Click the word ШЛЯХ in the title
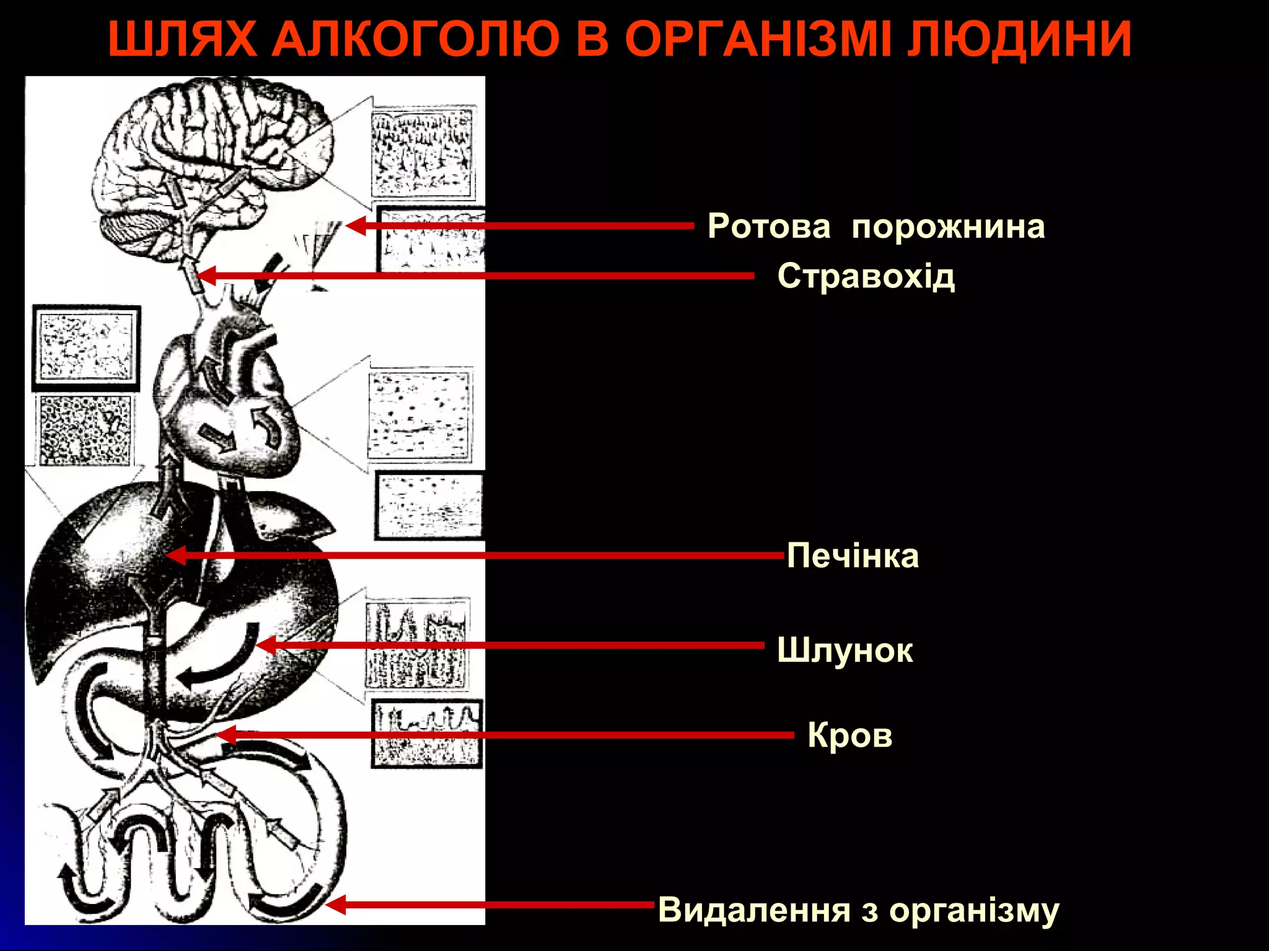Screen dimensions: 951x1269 [x=183, y=39]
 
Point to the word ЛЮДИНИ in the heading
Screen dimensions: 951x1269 [x=1019, y=39]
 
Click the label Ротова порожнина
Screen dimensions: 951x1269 [x=876, y=227]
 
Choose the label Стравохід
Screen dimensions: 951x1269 [x=866, y=276]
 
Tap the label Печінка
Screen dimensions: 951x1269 [x=853, y=555]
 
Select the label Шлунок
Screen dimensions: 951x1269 [x=845, y=651]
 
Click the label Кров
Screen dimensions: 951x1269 [x=850, y=736]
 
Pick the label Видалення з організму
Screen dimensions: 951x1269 [x=859, y=910]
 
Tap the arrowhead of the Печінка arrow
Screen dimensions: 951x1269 [x=176, y=555]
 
